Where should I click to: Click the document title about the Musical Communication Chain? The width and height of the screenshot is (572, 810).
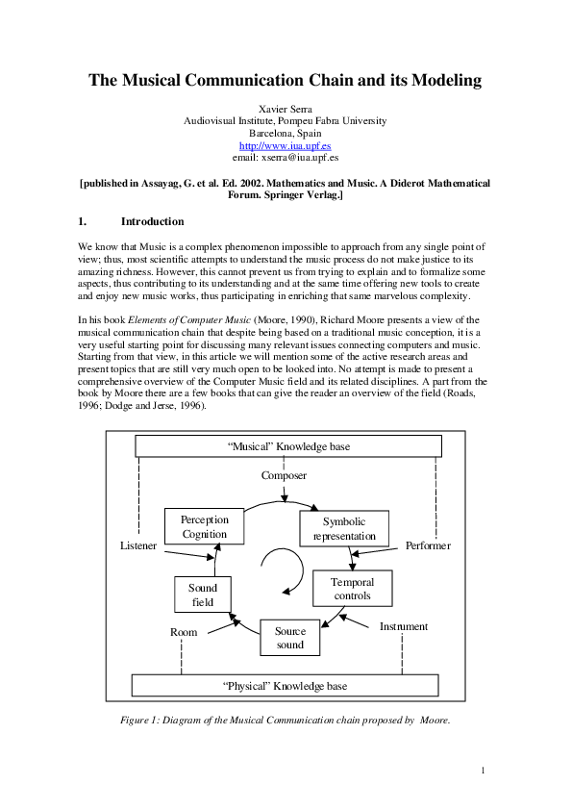click(x=286, y=81)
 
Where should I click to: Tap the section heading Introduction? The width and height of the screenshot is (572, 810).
click(x=152, y=221)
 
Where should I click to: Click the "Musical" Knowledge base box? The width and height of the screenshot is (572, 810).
click(x=288, y=445)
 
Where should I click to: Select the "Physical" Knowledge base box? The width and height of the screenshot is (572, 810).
click(x=285, y=686)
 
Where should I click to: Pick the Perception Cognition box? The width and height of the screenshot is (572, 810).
click(x=204, y=527)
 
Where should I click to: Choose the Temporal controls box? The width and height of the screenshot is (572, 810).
click(x=352, y=589)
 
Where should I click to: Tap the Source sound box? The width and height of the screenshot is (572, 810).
click(x=289, y=638)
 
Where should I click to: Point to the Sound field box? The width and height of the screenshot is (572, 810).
click(x=203, y=595)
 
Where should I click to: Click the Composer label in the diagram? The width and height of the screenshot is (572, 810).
click(x=284, y=475)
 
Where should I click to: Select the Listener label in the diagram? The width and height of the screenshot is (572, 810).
click(x=137, y=545)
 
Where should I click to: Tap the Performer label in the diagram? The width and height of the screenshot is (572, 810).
click(x=428, y=545)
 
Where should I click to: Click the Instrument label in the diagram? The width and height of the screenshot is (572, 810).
click(x=404, y=626)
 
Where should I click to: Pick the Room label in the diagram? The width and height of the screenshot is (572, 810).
click(x=183, y=632)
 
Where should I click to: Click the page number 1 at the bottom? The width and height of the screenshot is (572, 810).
click(x=483, y=770)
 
